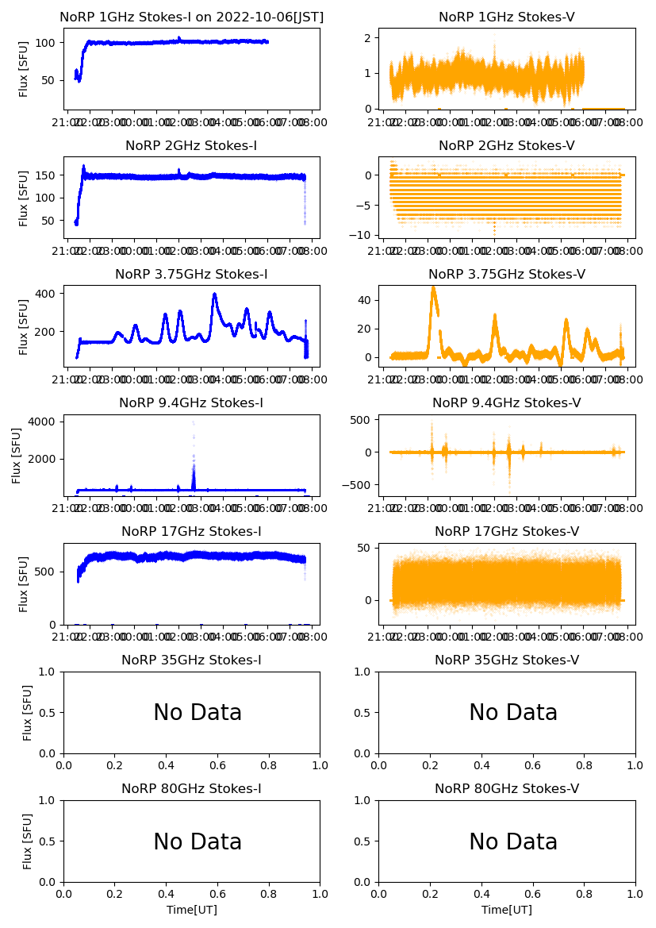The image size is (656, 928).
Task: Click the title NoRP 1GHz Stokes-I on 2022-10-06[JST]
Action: tap(191, 17)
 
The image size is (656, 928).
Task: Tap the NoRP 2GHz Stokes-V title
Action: tap(506, 145)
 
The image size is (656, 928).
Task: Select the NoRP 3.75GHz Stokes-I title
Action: tap(191, 274)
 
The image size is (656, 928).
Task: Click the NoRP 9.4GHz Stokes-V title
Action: tap(506, 402)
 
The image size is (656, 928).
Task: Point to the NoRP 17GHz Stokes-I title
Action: tap(191, 531)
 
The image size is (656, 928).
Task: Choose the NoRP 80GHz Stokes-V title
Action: tap(506, 788)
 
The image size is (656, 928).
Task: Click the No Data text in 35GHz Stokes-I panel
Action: tap(198, 713)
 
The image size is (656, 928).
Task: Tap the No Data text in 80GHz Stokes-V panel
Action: tap(513, 841)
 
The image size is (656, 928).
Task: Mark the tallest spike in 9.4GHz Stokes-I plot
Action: tap(193, 422)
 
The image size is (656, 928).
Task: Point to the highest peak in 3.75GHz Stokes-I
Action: tap(214, 295)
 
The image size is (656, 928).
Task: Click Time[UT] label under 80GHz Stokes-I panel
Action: tap(191, 910)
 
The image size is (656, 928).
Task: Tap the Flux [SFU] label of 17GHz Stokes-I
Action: tap(24, 583)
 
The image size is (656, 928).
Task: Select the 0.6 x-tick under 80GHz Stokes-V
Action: tap(533, 894)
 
